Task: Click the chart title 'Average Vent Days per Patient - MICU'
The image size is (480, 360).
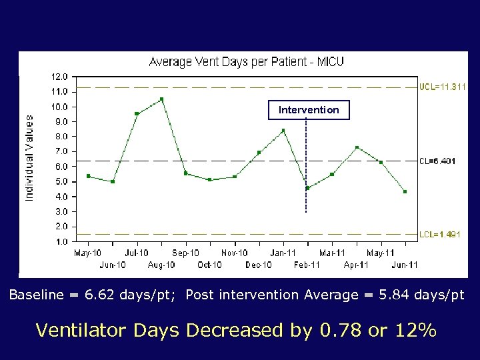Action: tap(246, 62)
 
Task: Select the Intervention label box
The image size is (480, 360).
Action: tap(309, 109)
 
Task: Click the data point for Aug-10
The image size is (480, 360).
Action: tap(161, 99)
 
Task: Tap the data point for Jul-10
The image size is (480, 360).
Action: tap(137, 114)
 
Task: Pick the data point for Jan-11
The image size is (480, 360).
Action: tap(283, 131)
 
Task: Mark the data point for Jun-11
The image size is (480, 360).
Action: tap(405, 192)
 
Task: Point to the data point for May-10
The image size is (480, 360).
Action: tap(88, 176)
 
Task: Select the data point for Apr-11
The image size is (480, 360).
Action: tap(357, 147)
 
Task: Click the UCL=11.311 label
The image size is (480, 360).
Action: tap(443, 87)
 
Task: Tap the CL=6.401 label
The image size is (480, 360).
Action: tap(438, 161)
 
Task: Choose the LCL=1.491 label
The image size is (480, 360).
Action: tap(440, 235)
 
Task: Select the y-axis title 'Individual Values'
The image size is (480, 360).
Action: tap(29, 157)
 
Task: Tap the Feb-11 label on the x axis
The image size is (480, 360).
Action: tap(307, 265)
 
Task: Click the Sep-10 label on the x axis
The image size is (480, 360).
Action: tap(185, 253)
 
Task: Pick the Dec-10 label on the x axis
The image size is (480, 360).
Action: tap(259, 265)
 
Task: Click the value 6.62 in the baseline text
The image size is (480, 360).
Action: tap(86, 295)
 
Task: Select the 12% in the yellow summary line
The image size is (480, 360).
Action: tap(414, 330)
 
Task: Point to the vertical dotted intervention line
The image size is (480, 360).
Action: tap(306, 167)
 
